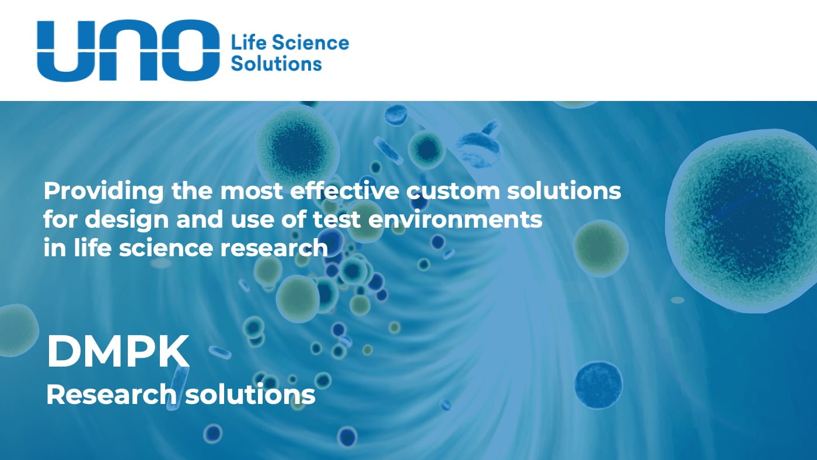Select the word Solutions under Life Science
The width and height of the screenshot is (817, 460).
(x=276, y=63)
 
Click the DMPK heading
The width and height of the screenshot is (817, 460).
(x=118, y=351)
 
